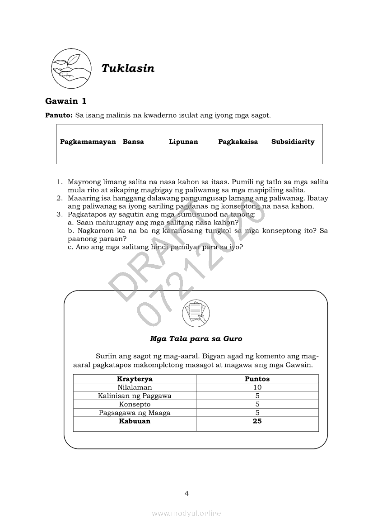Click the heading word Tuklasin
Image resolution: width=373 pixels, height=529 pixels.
[x=128, y=68]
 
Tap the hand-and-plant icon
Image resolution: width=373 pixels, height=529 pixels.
[x=70, y=68]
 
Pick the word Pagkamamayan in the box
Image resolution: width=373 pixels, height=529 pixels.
[x=88, y=142]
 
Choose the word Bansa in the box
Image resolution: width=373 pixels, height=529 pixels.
[x=133, y=142]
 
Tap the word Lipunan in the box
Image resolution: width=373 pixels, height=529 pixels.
[x=183, y=142]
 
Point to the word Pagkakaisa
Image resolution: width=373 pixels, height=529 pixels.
[x=238, y=142]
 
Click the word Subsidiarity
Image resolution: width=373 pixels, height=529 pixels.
[x=293, y=142]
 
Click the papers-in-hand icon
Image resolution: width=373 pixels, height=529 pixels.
[x=196, y=313]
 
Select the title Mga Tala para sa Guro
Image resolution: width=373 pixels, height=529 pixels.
[x=196, y=338]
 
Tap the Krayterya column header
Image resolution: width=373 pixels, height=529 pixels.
[x=135, y=379]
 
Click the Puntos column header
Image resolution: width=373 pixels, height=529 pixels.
[x=257, y=379]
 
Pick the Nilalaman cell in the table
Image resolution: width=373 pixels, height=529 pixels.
[x=135, y=387]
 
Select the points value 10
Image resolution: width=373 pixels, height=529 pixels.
[x=257, y=387]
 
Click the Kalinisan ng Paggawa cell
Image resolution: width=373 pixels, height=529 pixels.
[x=135, y=396]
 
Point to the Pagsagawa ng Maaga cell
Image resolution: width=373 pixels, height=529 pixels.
[x=135, y=413]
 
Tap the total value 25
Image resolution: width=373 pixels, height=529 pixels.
[x=257, y=421]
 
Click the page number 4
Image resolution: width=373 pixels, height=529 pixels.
[x=186, y=493]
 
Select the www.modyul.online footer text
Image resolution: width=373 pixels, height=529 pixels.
[x=186, y=513]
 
